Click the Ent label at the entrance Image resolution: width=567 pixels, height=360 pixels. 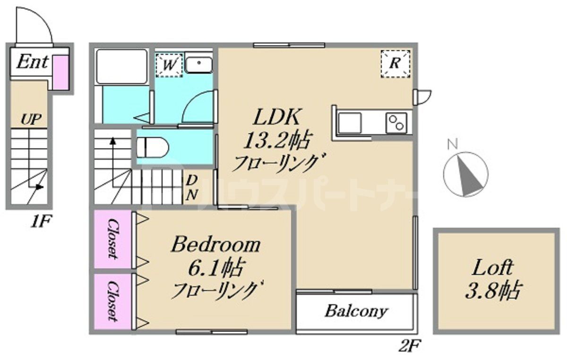point(32,62)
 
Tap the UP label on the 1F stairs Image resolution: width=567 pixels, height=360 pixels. point(29,119)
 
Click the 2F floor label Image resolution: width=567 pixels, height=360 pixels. point(409,347)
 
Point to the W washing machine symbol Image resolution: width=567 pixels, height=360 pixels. point(169,64)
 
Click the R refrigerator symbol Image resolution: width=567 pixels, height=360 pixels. point(395,63)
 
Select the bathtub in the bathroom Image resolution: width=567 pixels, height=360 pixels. point(121,66)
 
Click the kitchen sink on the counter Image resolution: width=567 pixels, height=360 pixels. point(350,123)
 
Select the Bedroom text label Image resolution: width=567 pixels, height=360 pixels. point(215,245)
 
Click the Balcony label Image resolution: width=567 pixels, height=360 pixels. point(357,311)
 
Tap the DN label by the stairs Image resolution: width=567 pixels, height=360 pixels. point(191,188)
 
